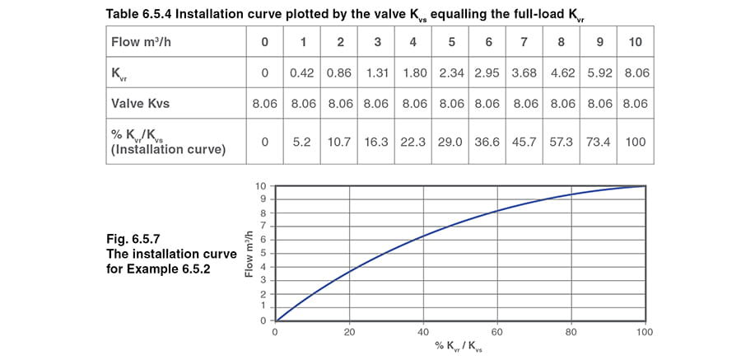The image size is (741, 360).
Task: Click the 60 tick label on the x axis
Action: coord(497,332)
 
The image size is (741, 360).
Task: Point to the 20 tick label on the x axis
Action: coord(349,332)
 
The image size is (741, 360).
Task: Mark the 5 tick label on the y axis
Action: coord(263,253)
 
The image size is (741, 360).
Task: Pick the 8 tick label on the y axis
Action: coord(263,213)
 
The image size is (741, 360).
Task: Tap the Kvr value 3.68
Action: coord(524,73)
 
